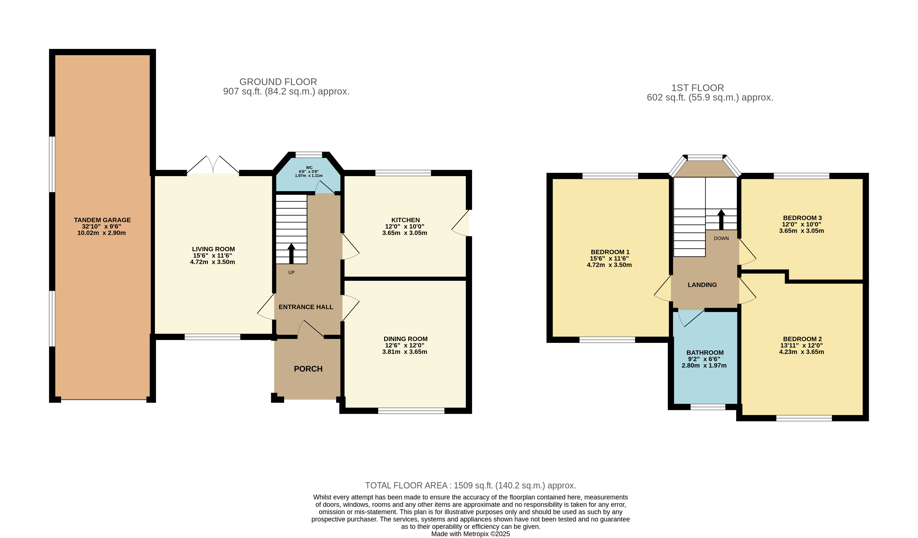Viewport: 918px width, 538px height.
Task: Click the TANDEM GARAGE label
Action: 102,220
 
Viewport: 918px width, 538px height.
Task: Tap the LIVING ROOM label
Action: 213,249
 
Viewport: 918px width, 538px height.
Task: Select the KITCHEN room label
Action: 405,220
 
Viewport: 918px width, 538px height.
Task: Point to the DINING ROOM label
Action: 405,339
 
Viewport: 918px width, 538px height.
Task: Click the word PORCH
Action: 308,369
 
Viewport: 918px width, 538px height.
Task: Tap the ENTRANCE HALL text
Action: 306,307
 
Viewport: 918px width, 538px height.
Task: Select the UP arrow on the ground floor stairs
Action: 292,254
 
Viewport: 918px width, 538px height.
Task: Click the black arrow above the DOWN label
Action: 721,220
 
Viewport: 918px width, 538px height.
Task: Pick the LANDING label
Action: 702,285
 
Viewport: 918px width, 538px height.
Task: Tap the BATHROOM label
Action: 705,353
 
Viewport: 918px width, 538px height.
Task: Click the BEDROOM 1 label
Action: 610,252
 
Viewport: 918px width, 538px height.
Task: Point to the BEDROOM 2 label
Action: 803,339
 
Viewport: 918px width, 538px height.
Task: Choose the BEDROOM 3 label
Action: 803,218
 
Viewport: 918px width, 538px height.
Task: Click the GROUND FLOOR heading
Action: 278,82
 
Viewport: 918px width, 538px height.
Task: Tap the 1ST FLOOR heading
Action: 698,88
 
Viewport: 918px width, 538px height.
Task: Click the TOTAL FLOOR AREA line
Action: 471,486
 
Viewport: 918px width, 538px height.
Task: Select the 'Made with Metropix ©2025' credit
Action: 471,534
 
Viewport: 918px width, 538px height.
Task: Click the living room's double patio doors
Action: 213,165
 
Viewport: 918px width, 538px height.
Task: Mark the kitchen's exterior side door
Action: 461,223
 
